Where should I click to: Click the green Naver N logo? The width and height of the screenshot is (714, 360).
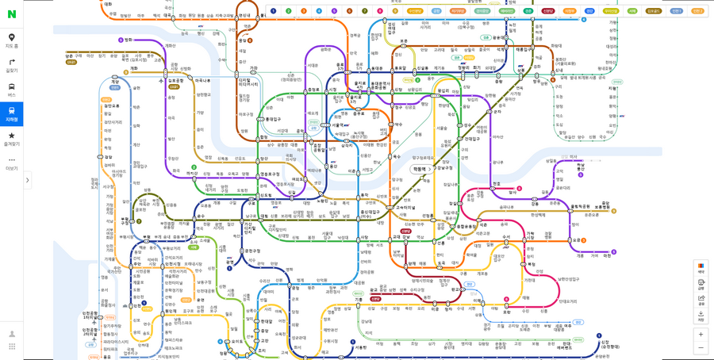click(x=11, y=13)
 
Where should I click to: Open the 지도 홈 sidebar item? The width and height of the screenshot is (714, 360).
click(x=11, y=40)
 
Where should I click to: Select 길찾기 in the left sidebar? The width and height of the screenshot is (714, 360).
click(x=11, y=65)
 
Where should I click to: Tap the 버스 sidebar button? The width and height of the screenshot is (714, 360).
click(x=11, y=90)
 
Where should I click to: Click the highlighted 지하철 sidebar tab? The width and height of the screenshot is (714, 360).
click(x=11, y=114)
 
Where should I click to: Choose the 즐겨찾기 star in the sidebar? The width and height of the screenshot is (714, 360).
click(x=11, y=139)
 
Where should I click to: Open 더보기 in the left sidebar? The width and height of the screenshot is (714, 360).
click(x=11, y=163)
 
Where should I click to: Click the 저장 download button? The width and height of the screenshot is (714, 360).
click(x=701, y=316)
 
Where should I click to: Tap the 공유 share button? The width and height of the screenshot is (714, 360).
click(x=701, y=299)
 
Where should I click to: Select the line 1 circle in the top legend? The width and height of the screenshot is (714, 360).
click(x=274, y=11)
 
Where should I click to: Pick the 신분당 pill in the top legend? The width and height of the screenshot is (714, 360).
click(x=548, y=11)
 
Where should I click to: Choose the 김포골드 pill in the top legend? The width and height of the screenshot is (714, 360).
click(x=654, y=11)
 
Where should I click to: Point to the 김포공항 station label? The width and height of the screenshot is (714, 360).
click(x=176, y=81)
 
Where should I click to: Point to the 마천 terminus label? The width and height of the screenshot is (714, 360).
click(x=607, y=255)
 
